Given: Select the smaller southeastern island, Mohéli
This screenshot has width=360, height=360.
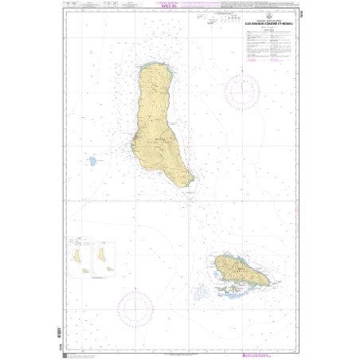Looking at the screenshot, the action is pyautogui.click(x=238, y=270).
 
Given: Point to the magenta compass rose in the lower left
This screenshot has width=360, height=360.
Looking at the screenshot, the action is pyautogui.click(x=135, y=307).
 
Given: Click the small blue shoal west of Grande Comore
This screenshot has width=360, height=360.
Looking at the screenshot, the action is pyautogui.click(x=93, y=161).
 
